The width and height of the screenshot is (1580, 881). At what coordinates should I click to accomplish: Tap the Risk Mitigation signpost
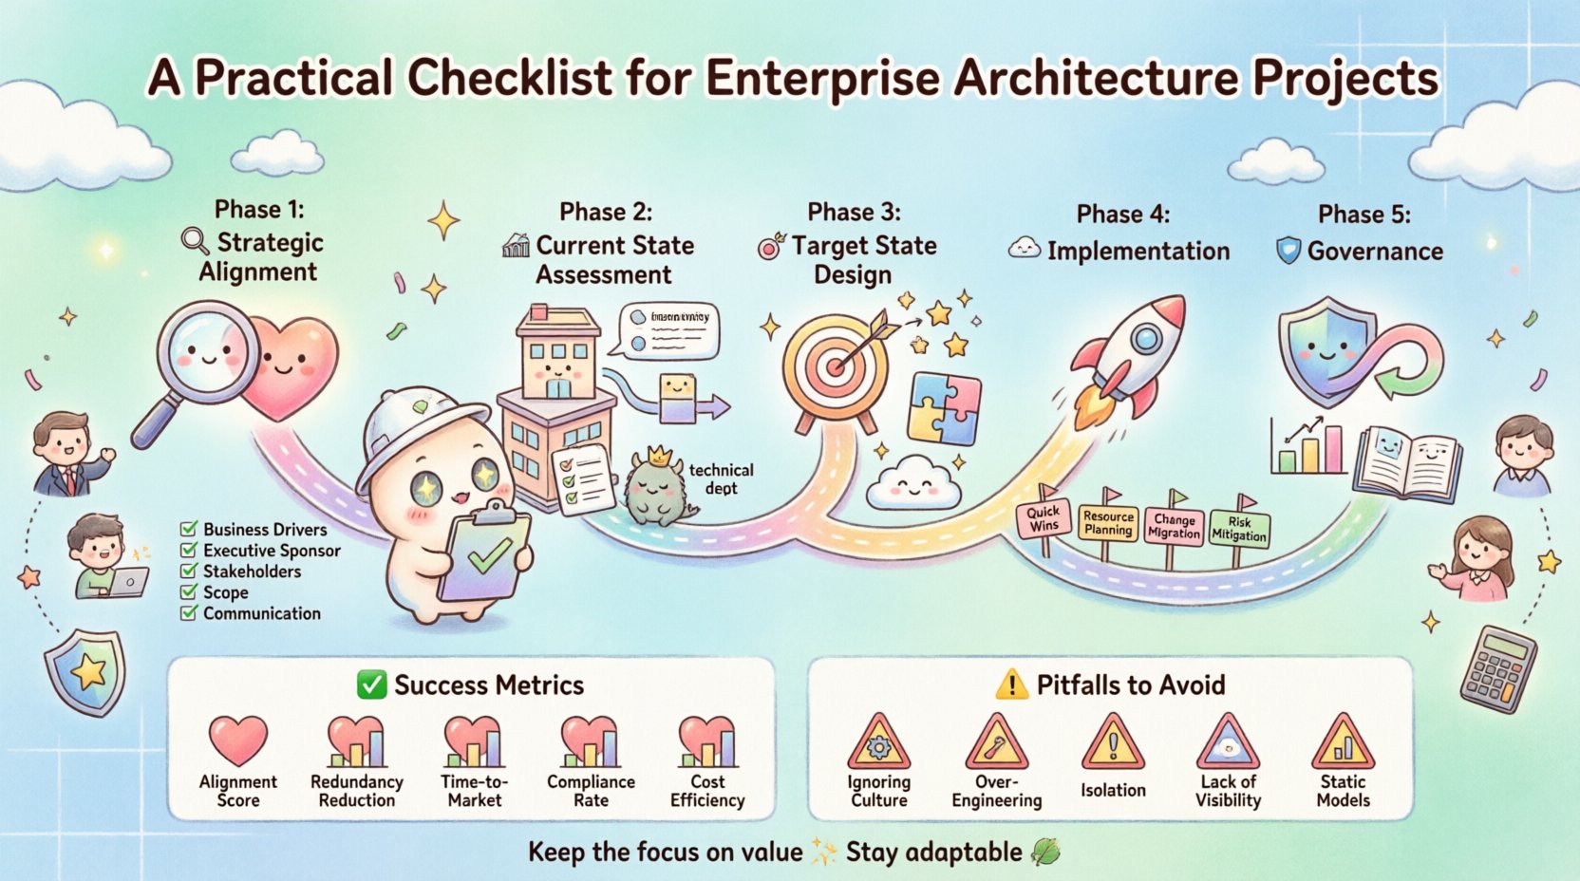point(1239,529)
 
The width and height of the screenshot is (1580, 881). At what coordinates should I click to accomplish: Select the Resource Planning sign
point(1108,523)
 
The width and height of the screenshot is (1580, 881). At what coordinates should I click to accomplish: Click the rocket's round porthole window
point(1147,337)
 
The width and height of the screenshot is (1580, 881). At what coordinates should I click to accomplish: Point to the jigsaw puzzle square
point(944,408)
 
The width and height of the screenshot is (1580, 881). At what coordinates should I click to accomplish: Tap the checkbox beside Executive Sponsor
point(189,550)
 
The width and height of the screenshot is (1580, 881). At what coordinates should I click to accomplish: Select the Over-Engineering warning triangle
point(996,743)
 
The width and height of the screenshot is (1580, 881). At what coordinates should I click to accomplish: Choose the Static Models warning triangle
point(1343,743)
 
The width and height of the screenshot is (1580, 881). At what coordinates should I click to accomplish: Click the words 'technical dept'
point(721,478)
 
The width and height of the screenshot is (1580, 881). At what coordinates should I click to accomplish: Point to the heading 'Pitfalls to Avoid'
point(1130,684)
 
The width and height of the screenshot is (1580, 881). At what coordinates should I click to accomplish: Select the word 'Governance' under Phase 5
point(1375,251)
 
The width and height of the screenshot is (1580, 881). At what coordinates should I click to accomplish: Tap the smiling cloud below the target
point(913,481)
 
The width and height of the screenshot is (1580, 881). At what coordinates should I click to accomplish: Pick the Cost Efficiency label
point(707,791)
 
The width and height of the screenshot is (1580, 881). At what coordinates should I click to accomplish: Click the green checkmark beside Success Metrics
point(371,684)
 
